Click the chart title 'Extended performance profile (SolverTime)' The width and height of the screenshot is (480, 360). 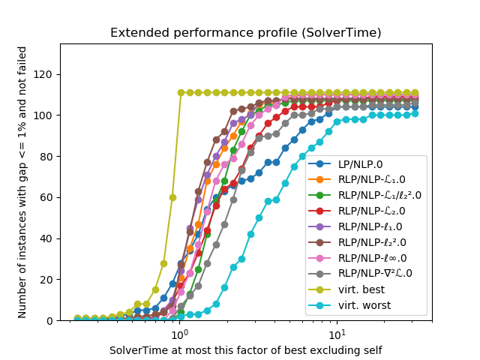[245, 33]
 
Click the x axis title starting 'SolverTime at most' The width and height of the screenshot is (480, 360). [245, 349]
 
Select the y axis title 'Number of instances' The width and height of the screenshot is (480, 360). [22, 182]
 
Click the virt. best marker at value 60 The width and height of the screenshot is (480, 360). [172, 197]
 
